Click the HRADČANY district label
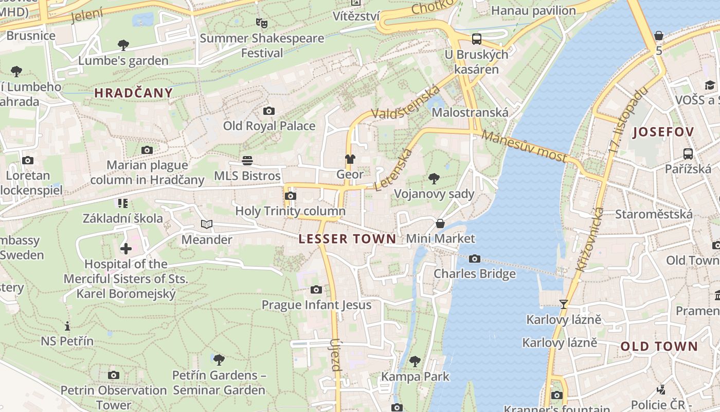point(133,93)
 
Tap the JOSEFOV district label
point(663,132)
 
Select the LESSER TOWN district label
point(348,239)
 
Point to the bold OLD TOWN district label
point(659,347)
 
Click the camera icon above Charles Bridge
point(475,259)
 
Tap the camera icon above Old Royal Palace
point(268,111)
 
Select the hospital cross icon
point(126,249)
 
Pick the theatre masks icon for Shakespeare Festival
point(262,23)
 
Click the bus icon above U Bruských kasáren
point(477,39)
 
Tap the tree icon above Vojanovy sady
point(434,179)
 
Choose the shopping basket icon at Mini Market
point(440,224)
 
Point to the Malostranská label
point(470,112)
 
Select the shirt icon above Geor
point(350,159)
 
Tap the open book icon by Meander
point(207,225)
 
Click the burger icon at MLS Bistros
point(247,161)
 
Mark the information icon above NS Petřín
point(67,326)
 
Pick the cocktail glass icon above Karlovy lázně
point(564,304)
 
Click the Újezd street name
point(336,355)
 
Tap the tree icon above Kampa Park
point(415,362)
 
